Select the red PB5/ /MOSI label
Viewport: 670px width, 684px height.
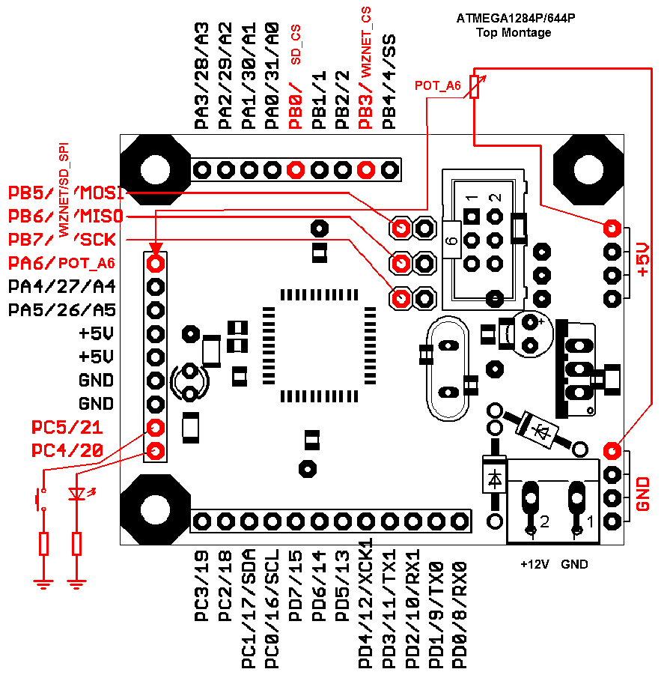[x=66, y=193]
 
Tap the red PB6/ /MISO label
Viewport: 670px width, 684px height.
[x=66, y=217]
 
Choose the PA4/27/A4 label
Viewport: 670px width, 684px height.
[x=61, y=286]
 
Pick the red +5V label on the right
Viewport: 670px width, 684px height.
[x=643, y=261]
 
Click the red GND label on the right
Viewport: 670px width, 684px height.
[x=643, y=494]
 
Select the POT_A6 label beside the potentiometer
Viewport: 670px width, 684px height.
[x=438, y=87]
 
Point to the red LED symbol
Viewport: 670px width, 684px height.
[x=76, y=494]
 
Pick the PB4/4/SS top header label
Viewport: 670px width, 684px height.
[x=389, y=82]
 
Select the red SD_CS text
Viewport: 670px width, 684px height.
[x=296, y=44]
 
